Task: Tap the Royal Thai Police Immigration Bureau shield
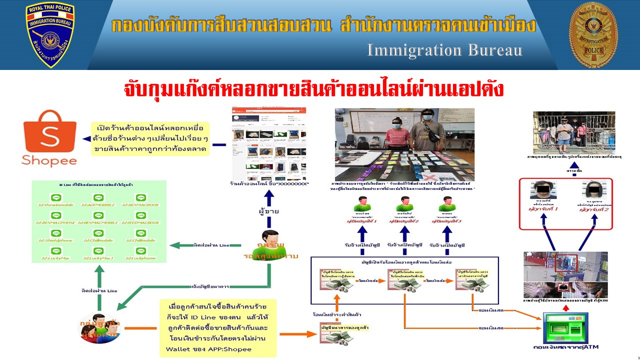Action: coord(50,35)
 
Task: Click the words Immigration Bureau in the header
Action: coord(445,50)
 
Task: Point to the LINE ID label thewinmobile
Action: coord(56,204)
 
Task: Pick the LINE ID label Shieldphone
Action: coord(56,240)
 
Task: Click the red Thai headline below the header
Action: coord(313,89)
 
